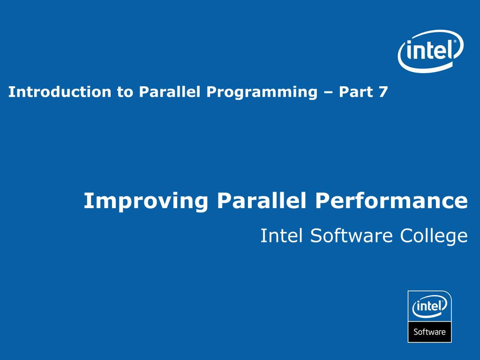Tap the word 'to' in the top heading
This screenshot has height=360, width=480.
(x=125, y=92)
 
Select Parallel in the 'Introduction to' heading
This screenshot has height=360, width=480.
(x=170, y=92)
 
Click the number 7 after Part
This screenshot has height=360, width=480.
(x=383, y=92)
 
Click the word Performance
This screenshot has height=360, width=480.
(x=391, y=201)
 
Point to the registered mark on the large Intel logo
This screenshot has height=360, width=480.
(x=454, y=42)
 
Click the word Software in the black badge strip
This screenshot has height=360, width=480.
(x=429, y=332)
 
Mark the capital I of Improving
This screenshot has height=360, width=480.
(x=87, y=201)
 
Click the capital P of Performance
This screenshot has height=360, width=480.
(x=322, y=201)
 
